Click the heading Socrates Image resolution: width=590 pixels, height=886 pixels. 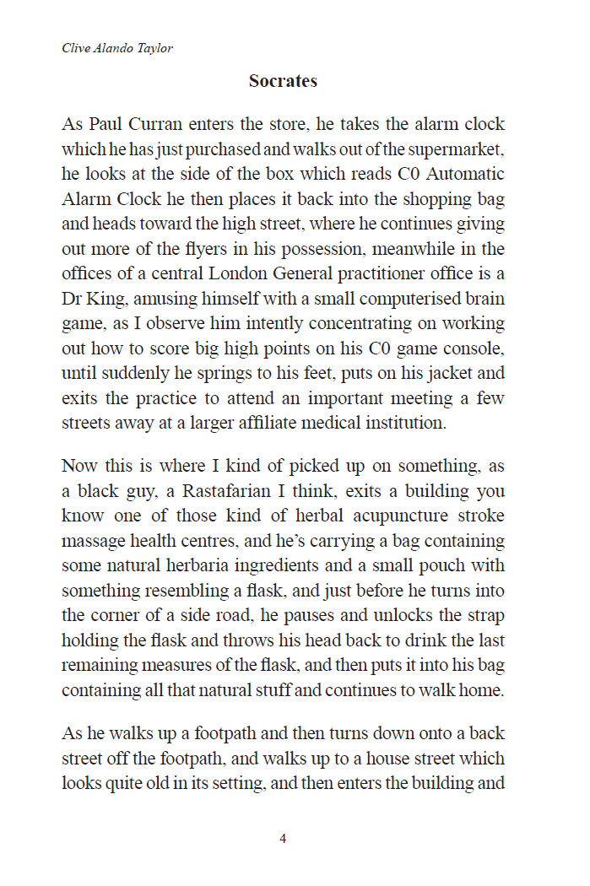(x=283, y=82)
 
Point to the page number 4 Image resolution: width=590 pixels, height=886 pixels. (x=283, y=839)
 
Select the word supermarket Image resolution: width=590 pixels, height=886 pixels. (x=456, y=150)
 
